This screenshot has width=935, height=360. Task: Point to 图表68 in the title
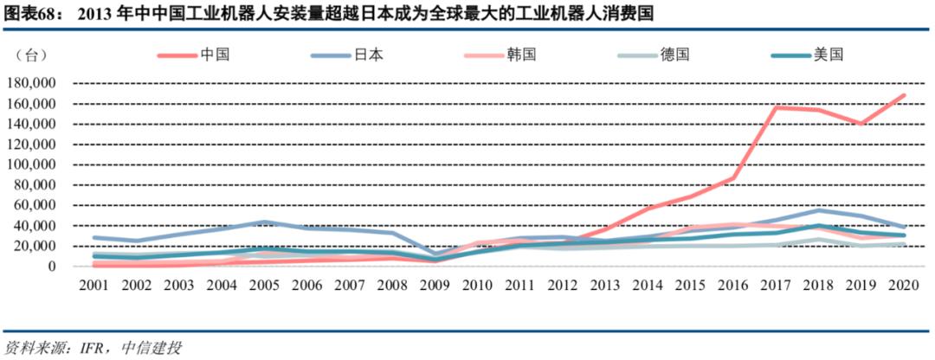click(x=27, y=14)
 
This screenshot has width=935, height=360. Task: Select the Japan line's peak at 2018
click(x=818, y=210)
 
